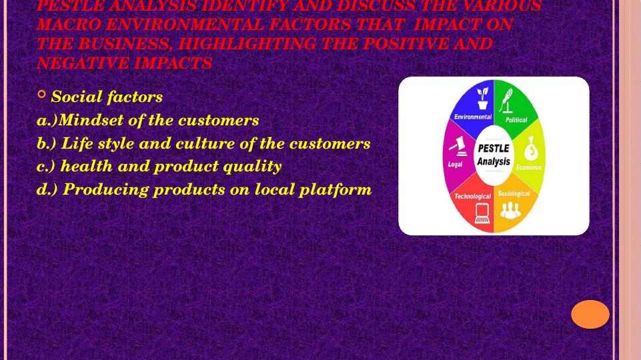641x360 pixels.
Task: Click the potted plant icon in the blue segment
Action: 482,99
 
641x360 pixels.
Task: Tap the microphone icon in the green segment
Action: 508,101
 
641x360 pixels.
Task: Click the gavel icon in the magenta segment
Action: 457,146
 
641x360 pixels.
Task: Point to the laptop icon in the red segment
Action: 482,213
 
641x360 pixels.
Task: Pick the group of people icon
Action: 511,210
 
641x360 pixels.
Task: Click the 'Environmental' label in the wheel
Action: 472,117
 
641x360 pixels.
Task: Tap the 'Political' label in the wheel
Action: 516,120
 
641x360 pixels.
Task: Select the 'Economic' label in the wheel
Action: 529,167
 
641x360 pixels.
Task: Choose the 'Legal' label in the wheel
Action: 456,164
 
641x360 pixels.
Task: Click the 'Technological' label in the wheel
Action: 472,196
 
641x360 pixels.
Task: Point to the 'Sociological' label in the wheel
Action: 514,194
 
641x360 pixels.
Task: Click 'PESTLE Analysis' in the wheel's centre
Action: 494,155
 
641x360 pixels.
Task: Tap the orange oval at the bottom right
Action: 590,314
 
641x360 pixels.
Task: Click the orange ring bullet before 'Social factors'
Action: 42,95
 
